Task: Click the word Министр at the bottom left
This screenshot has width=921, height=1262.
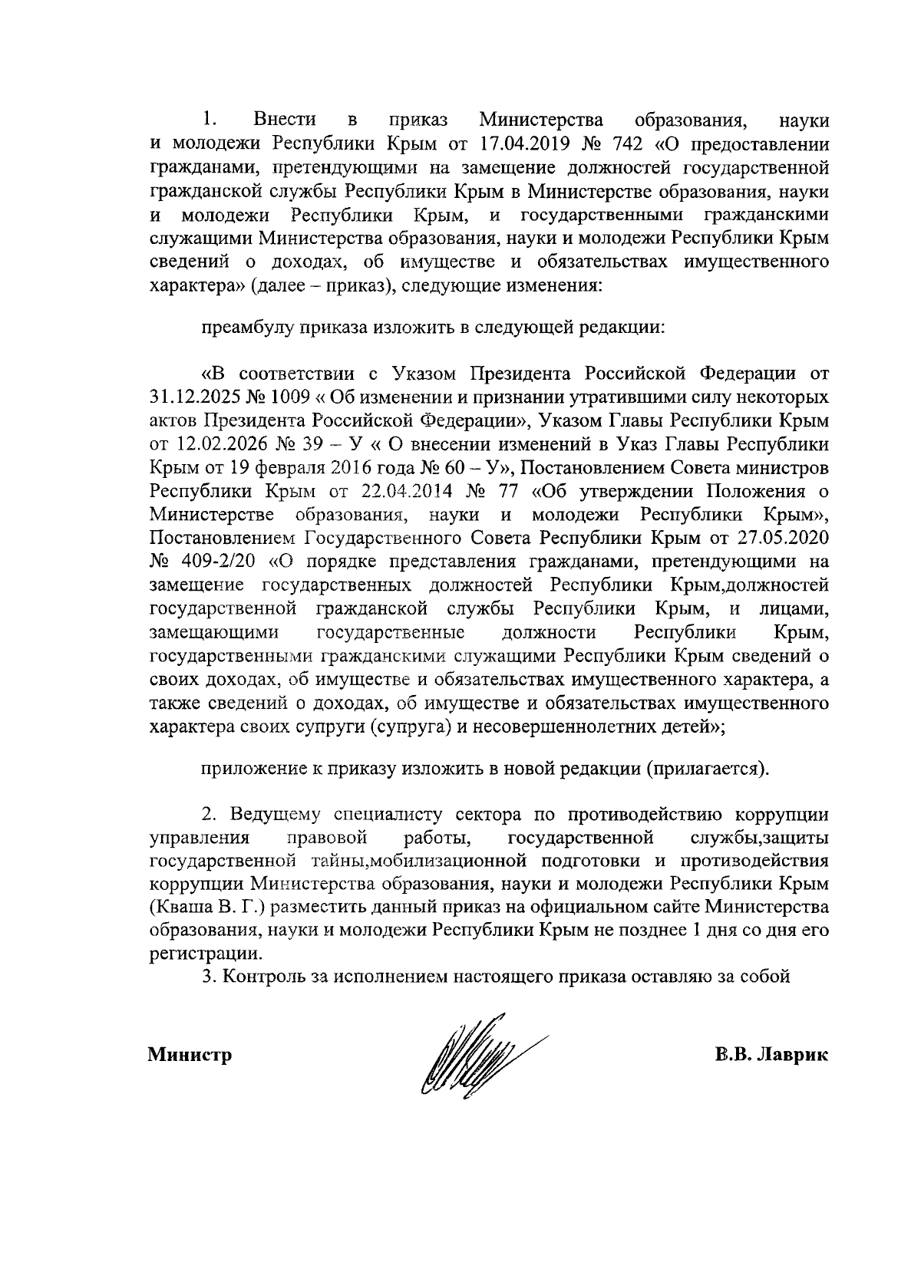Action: pos(190,1056)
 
